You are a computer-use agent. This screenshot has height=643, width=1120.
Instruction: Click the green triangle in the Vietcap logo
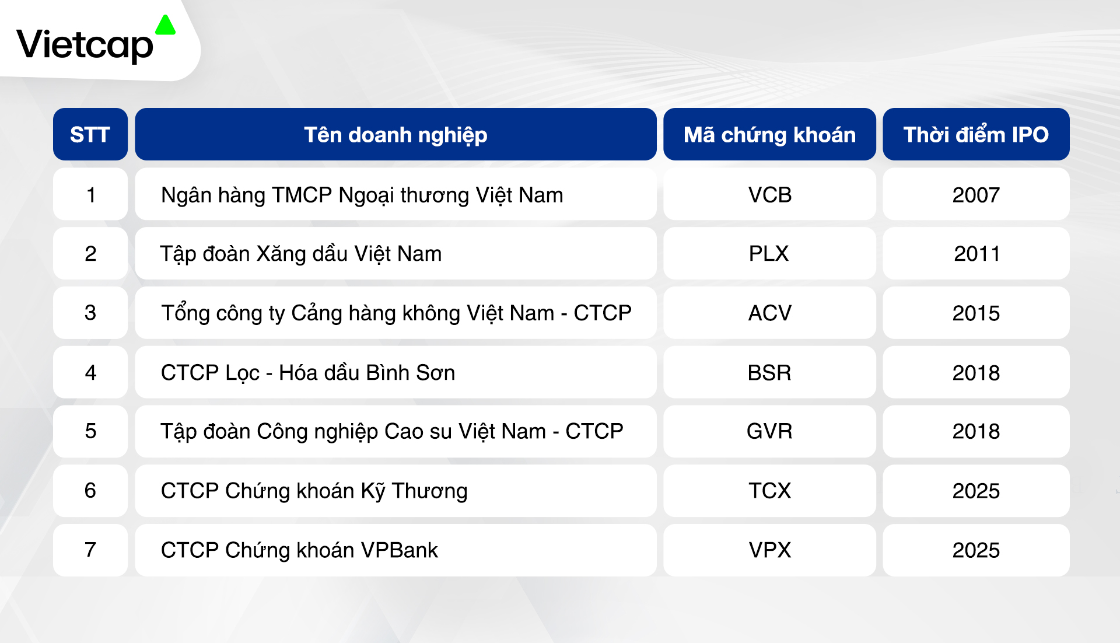click(x=166, y=25)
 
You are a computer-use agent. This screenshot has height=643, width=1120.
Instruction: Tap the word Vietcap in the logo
click(x=85, y=45)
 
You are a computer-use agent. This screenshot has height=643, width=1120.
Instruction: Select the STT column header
click(x=90, y=135)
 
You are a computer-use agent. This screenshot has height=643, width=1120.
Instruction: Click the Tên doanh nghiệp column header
click(x=395, y=135)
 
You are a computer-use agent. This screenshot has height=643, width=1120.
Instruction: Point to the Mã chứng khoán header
click(x=769, y=135)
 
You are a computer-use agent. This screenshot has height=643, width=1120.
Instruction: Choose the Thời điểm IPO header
click(x=976, y=135)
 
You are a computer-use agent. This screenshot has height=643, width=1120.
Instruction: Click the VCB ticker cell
click(x=770, y=195)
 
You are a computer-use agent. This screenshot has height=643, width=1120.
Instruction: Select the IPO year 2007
click(x=976, y=195)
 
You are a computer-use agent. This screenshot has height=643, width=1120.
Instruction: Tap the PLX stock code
click(x=769, y=254)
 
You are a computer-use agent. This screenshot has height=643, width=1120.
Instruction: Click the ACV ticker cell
click(x=770, y=313)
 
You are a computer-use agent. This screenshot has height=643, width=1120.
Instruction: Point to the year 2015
click(x=976, y=313)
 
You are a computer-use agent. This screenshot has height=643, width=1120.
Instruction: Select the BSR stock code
click(x=769, y=373)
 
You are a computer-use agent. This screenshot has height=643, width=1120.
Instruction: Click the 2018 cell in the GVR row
click(x=976, y=431)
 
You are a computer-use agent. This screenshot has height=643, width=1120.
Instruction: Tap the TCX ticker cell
click(x=770, y=491)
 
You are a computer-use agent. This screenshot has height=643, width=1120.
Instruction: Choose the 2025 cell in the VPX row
click(x=976, y=550)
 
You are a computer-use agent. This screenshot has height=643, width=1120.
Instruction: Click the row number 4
click(x=90, y=372)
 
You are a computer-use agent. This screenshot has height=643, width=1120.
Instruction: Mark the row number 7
click(x=90, y=550)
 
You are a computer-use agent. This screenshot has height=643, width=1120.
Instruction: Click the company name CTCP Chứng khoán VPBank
click(x=299, y=550)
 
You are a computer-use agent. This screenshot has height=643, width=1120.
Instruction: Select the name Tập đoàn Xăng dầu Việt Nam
click(x=301, y=254)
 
